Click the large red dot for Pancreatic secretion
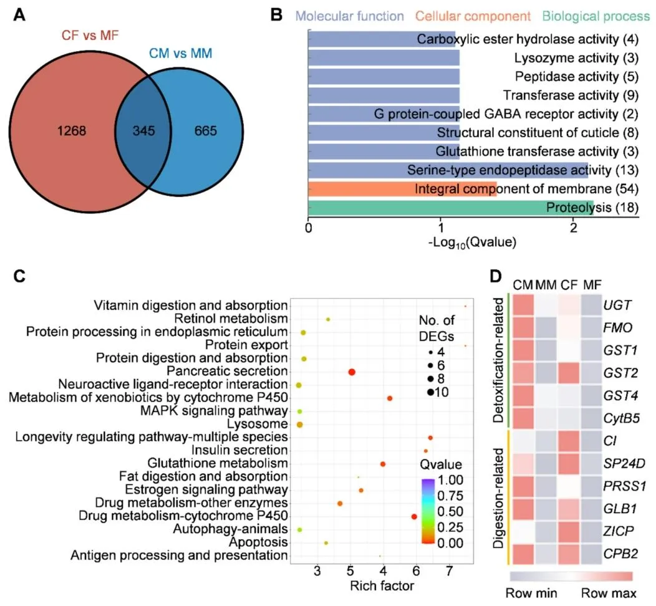[x=352, y=372]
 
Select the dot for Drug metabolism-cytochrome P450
[x=413, y=516]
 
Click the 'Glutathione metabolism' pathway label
[x=218, y=464]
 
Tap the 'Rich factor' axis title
[x=382, y=586]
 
